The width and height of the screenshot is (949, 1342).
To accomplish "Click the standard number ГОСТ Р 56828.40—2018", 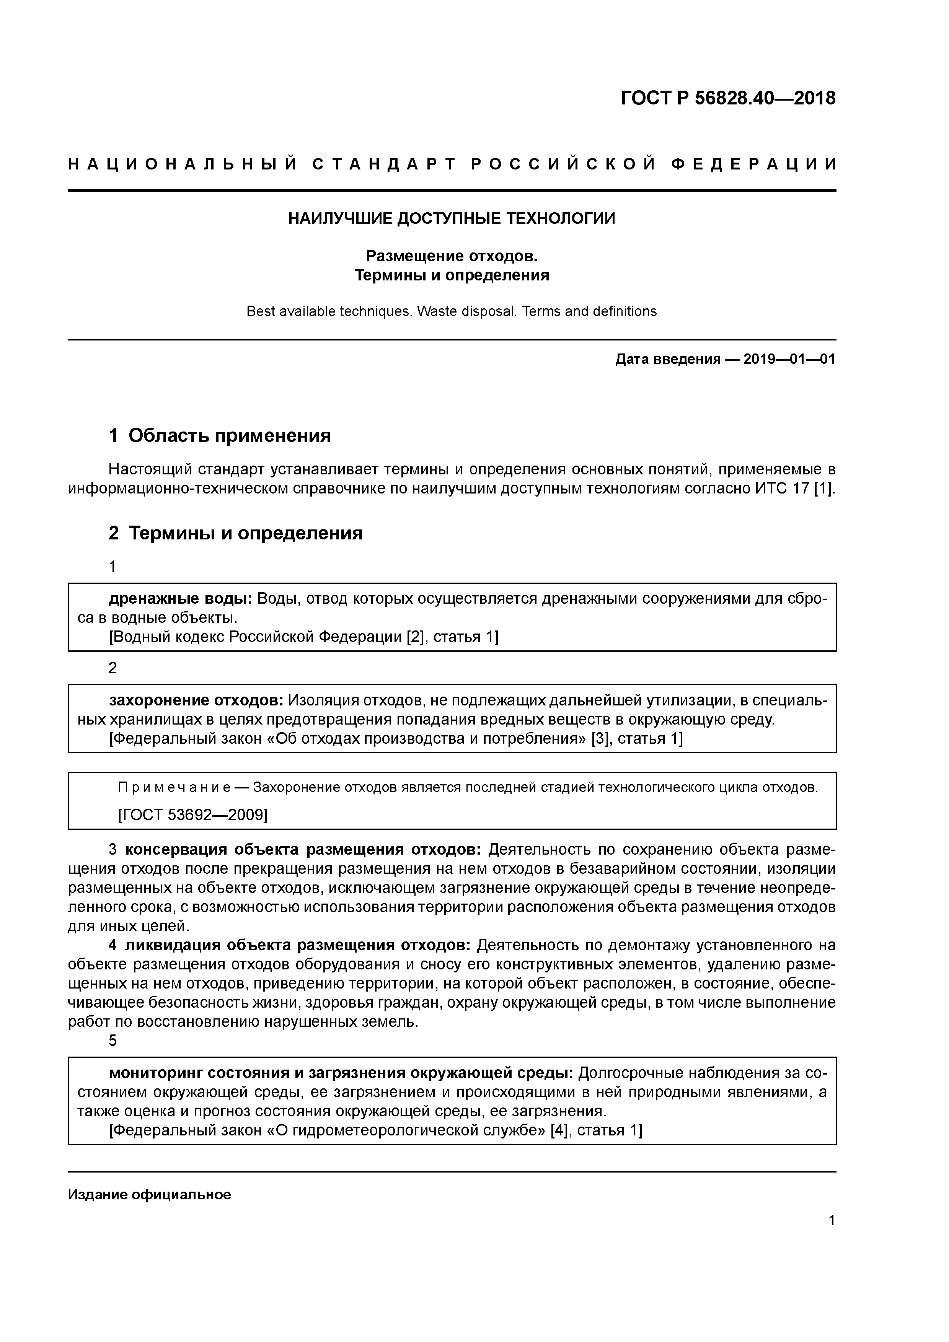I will point(728,98).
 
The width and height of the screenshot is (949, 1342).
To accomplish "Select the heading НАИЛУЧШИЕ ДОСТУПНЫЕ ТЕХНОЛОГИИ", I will point(452,218).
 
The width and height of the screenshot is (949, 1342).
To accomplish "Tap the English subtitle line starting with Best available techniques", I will point(452,311).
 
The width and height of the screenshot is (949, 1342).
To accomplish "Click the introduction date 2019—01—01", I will point(789,359).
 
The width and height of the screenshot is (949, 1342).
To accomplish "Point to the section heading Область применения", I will point(229,435).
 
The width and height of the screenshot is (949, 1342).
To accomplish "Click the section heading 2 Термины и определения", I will point(236,533).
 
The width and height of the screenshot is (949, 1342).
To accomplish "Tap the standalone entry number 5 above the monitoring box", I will point(113,1041).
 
